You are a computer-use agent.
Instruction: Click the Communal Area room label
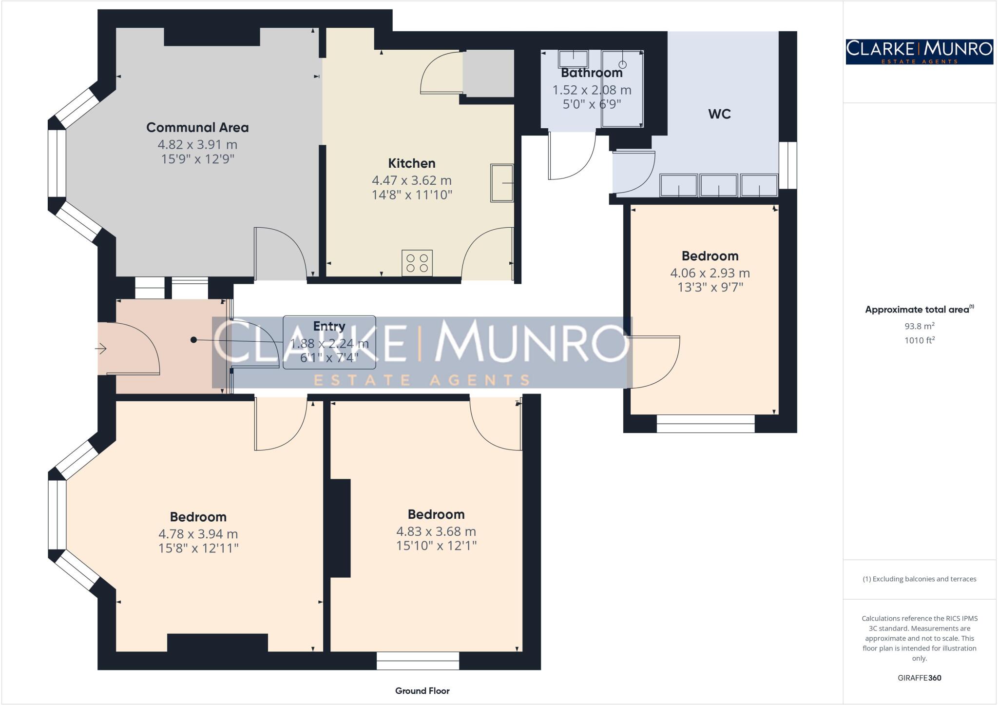pyautogui.click(x=197, y=128)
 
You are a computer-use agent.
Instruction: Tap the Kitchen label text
pyautogui.click(x=411, y=163)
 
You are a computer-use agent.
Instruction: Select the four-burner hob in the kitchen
pyautogui.click(x=417, y=263)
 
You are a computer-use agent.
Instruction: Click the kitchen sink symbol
pyautogui.click(x=502, y=183)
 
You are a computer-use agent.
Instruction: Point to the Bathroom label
pyautogui.click(x=592, y=73)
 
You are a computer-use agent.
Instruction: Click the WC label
pyautogui.click(x=719, y=114)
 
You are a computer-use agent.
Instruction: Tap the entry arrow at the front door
pyautogui.click(x=101, y=349)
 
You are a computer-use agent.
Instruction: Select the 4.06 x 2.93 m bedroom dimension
pyautogui.click(x=710, y=273)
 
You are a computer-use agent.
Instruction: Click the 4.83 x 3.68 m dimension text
pyautogui.click(x=436, y=531)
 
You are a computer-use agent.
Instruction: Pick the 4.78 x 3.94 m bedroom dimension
pyautogui.click(x=198, y=534)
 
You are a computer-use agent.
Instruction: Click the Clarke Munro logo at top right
pyautogui.click(x=919, y=52)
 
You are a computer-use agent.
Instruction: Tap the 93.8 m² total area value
pyautogui.click(x=919, y=326)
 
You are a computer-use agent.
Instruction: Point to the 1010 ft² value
pyautogui.click(x=919, y=340)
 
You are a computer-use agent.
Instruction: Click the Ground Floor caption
pyautogui.click(x=422, y=691)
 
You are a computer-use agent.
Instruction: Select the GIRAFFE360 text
pyautogui.click(x=919, y=678)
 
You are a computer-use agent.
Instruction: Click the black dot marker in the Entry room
pyautogui.click(x=193, y=340)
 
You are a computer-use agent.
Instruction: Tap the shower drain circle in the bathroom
pyautogui.click(x=622, y=64)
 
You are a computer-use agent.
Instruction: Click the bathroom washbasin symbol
pyautogui.click(x=573, y=59)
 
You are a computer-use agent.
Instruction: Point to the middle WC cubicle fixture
pyautogui.click(x=719, y=185)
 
